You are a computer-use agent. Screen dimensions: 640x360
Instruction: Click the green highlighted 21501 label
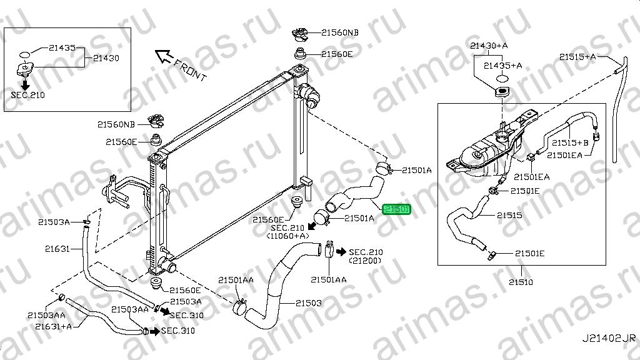point(396,209)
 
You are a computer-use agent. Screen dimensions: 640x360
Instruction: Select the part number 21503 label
point(309,303)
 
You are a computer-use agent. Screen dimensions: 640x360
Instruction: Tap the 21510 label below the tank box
point(521,282)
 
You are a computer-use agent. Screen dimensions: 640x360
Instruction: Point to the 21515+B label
point(570,143)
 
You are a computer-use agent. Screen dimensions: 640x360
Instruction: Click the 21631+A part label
point(54,326)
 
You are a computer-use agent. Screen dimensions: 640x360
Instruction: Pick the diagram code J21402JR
point(609,338)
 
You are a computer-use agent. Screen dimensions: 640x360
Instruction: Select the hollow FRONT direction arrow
point(164,56)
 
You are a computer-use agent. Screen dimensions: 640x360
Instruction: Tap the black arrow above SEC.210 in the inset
point(25,85)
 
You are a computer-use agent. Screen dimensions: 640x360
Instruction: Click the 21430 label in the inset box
point(106,58)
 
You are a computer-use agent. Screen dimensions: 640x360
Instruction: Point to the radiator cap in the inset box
point(25,69)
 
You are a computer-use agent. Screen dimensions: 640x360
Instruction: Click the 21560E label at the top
point(337,54)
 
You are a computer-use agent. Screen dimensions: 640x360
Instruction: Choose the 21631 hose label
point(57,249)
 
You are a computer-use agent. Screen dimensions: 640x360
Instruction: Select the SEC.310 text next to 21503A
point(186,316)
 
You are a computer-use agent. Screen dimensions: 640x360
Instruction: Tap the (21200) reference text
point(365,261)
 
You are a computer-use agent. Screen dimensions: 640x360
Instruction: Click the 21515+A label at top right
point(577,57)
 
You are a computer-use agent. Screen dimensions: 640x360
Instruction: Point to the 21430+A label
point(489,46)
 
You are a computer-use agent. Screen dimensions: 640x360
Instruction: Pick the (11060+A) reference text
point(287,236)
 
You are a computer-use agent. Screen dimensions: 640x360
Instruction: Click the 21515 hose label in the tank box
point(509,215)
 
